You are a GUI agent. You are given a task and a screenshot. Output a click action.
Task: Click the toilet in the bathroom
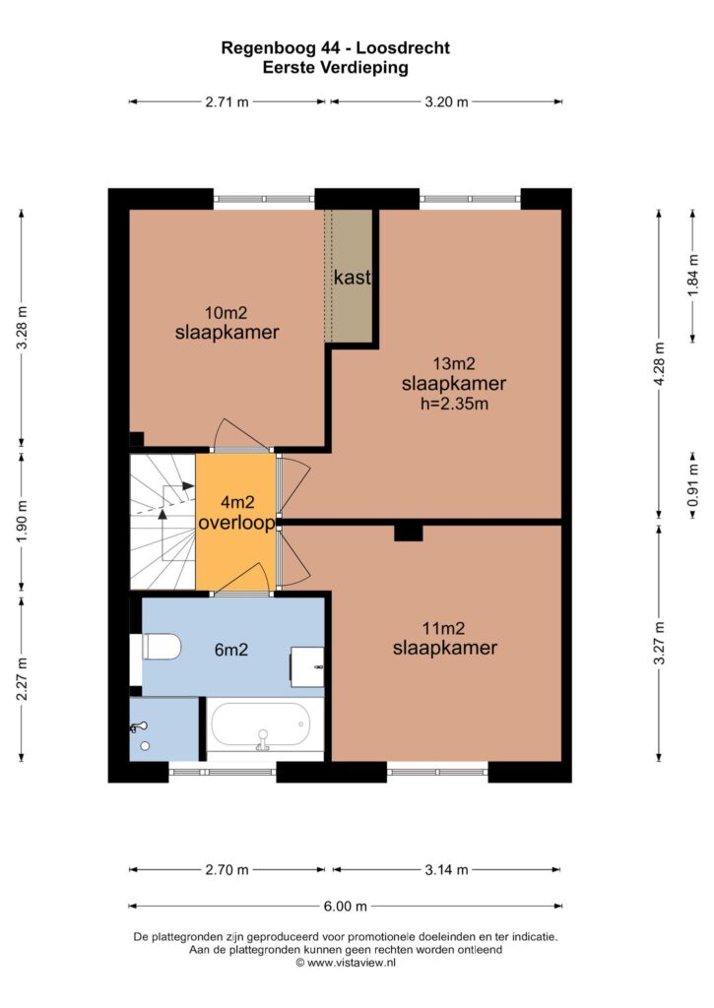161,647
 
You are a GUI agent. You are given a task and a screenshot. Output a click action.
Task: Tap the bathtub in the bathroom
265,726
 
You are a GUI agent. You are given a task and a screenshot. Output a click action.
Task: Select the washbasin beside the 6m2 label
307,667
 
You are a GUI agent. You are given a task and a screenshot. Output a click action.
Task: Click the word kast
352,278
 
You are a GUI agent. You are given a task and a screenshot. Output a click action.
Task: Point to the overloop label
236,523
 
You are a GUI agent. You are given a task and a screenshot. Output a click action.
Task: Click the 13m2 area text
453,364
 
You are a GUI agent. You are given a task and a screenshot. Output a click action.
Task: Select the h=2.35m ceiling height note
454,405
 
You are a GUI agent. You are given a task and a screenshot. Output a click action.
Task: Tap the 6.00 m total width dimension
346,907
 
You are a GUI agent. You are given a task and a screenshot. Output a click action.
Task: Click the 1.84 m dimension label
692,276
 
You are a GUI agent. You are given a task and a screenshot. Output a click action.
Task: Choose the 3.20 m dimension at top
446,101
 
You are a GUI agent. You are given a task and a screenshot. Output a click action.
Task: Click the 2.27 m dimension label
22,679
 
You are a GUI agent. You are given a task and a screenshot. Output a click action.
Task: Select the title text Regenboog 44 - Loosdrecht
335,47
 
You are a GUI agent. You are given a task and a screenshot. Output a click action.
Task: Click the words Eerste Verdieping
335,68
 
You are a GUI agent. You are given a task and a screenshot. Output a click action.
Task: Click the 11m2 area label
443,628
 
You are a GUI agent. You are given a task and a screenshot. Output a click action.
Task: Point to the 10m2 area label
226,313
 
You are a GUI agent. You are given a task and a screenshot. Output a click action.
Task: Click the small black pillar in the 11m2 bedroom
409,533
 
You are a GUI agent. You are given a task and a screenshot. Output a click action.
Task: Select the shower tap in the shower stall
139,727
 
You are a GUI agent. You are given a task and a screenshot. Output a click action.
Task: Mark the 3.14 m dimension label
446,870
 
